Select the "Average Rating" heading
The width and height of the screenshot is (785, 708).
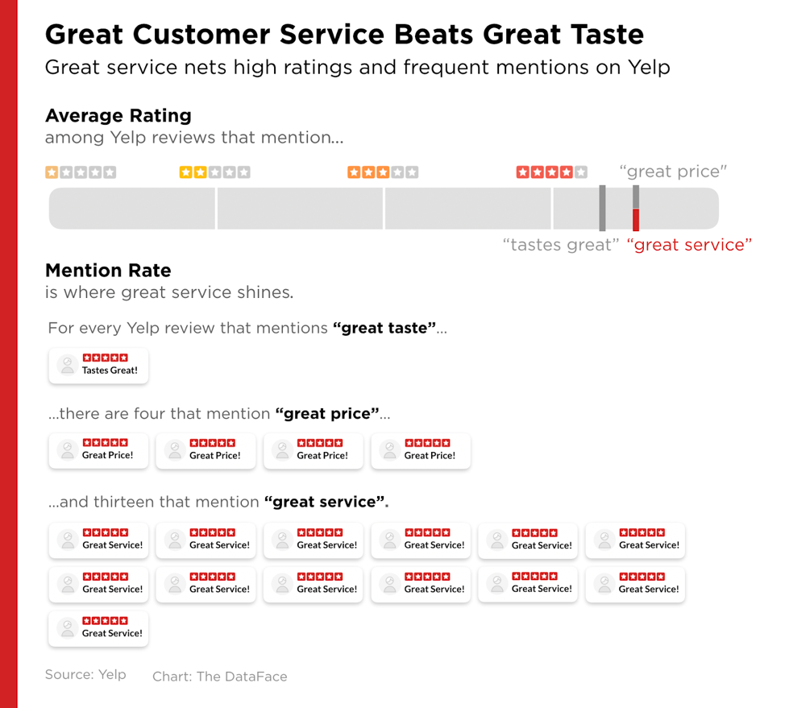point(118,116)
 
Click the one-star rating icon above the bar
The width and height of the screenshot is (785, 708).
point(81,172)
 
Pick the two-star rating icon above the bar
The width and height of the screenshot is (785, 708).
point(214,172)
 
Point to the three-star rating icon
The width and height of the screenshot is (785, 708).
point(383,172)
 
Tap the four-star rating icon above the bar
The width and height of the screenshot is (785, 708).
point(551,172)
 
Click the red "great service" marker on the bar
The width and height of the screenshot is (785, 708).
point(636,219)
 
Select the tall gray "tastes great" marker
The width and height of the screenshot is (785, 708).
point(602,208)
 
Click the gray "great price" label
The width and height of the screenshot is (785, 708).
point(673,172)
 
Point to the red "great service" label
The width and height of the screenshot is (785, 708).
point(689,245)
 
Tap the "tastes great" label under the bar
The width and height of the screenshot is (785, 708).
point(560,245)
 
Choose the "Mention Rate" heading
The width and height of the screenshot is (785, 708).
point(108,271)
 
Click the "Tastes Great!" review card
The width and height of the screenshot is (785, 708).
point(98,365)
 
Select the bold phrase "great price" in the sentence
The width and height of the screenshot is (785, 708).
point(327,414)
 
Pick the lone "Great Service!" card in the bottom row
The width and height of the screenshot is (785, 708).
point(98,627)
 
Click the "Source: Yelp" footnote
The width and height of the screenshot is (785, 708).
point(85,675)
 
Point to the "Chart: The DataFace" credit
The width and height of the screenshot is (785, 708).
point(219,677)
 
